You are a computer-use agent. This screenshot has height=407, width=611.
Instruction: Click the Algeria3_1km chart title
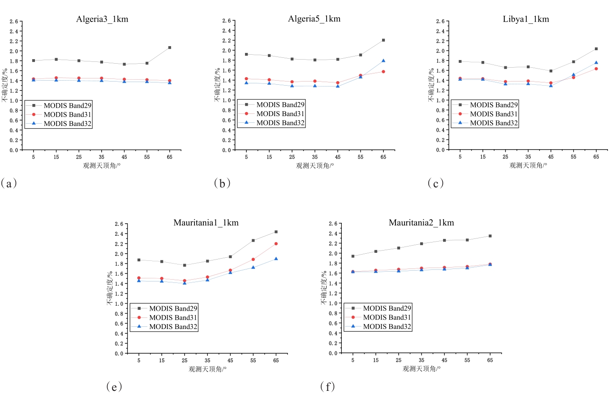click(102, 19)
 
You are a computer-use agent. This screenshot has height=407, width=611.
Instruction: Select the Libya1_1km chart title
click(525, 19)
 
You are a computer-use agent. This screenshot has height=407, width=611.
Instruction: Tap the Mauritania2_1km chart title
click(421, 223)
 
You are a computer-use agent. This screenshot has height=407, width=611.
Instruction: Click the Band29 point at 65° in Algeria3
click(170, 48)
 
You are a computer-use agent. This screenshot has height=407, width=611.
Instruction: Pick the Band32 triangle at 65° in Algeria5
click(383, 61)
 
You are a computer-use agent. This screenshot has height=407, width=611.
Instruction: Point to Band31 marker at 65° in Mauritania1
click(276, 244)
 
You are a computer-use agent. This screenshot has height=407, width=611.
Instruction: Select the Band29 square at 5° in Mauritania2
click(353, 256)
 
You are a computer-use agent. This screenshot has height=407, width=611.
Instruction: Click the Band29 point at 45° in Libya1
click(551, 71)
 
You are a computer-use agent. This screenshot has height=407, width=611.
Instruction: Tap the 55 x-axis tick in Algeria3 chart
click(147, 157)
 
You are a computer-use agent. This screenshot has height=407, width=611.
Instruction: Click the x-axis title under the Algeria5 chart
click(315, 166)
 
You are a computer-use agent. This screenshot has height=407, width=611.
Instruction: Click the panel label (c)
click(435, 183)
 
